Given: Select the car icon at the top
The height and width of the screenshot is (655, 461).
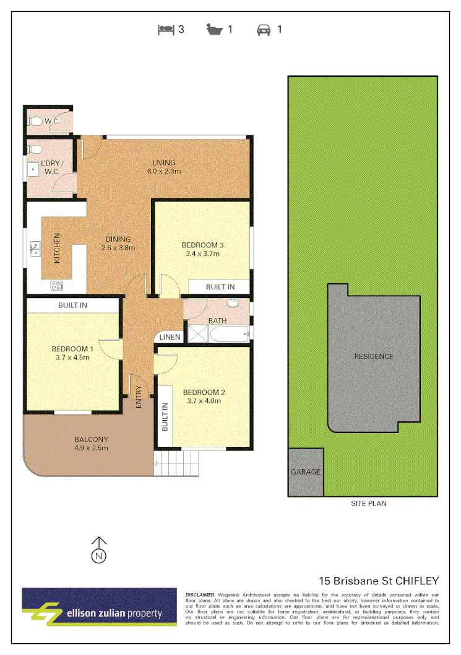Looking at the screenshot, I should tap(264, 29).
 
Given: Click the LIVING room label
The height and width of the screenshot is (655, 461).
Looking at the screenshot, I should tap(163, 163).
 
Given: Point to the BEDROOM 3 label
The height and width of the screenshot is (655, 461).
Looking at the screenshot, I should tap(204, 245).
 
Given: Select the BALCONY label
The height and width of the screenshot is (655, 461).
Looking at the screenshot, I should tap(91, 440).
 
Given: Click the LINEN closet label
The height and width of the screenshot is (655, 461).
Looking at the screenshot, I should tap(170, 337).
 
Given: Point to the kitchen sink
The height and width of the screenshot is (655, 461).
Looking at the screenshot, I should tap(35, 250).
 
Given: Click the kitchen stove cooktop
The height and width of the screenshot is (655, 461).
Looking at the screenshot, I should tap(56, 286).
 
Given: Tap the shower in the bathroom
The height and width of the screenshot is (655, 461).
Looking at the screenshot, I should tap(197, 335).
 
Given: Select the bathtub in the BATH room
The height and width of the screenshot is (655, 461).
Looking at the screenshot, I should tap(229, 335).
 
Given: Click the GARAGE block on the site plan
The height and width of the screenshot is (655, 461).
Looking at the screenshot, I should tap(306, 472).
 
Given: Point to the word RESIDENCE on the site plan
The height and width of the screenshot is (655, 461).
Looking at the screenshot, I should tap(373, 356).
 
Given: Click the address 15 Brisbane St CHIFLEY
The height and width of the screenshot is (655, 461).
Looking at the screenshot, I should tap(379, 581).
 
